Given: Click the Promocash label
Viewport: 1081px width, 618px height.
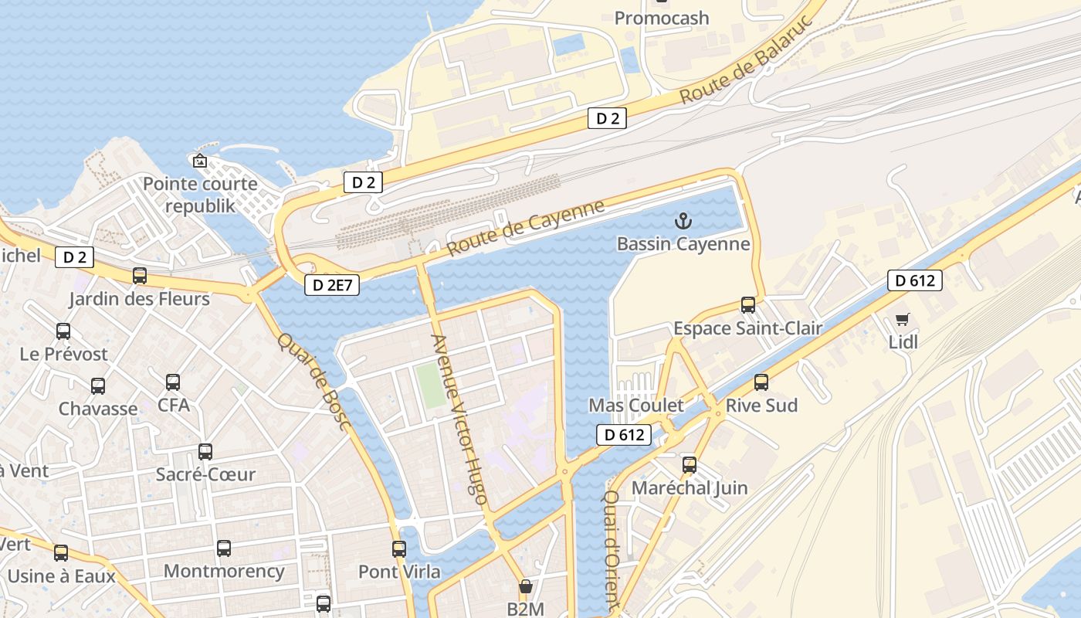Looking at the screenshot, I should tap(661, 18).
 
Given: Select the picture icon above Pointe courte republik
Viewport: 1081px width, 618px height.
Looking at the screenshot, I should tap(200, 161).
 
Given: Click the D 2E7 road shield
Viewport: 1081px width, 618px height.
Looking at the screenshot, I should tap(333, 285).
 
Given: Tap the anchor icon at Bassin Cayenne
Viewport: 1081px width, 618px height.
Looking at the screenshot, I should tap(683, 222).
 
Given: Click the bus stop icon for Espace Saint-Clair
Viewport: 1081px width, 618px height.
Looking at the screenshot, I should tap(747, 304).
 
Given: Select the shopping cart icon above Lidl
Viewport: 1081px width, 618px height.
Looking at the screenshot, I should tap(902, 319).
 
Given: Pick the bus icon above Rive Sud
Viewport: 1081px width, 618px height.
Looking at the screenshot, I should tap(761, 382).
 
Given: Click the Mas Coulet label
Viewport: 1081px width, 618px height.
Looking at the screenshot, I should tap(635, 406).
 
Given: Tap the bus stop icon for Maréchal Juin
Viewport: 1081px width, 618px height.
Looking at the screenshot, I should tap(689, 465).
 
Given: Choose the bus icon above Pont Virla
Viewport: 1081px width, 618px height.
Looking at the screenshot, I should tap(398, 549).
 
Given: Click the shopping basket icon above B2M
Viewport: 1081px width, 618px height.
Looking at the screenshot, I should tap(525, 587).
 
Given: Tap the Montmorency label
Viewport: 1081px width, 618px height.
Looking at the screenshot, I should tap(224, 572).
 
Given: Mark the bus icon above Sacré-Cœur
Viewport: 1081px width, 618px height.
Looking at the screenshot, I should tap(205, 452).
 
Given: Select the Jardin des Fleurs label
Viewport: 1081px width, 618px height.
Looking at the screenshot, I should tap(139, 299).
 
